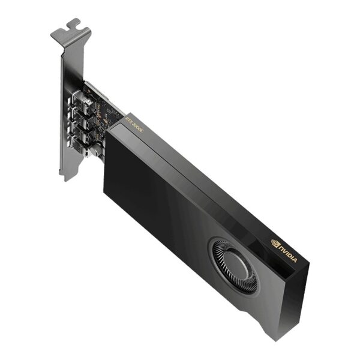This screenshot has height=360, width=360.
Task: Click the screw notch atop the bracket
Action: pyautogui.click(x=73, y=25)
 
